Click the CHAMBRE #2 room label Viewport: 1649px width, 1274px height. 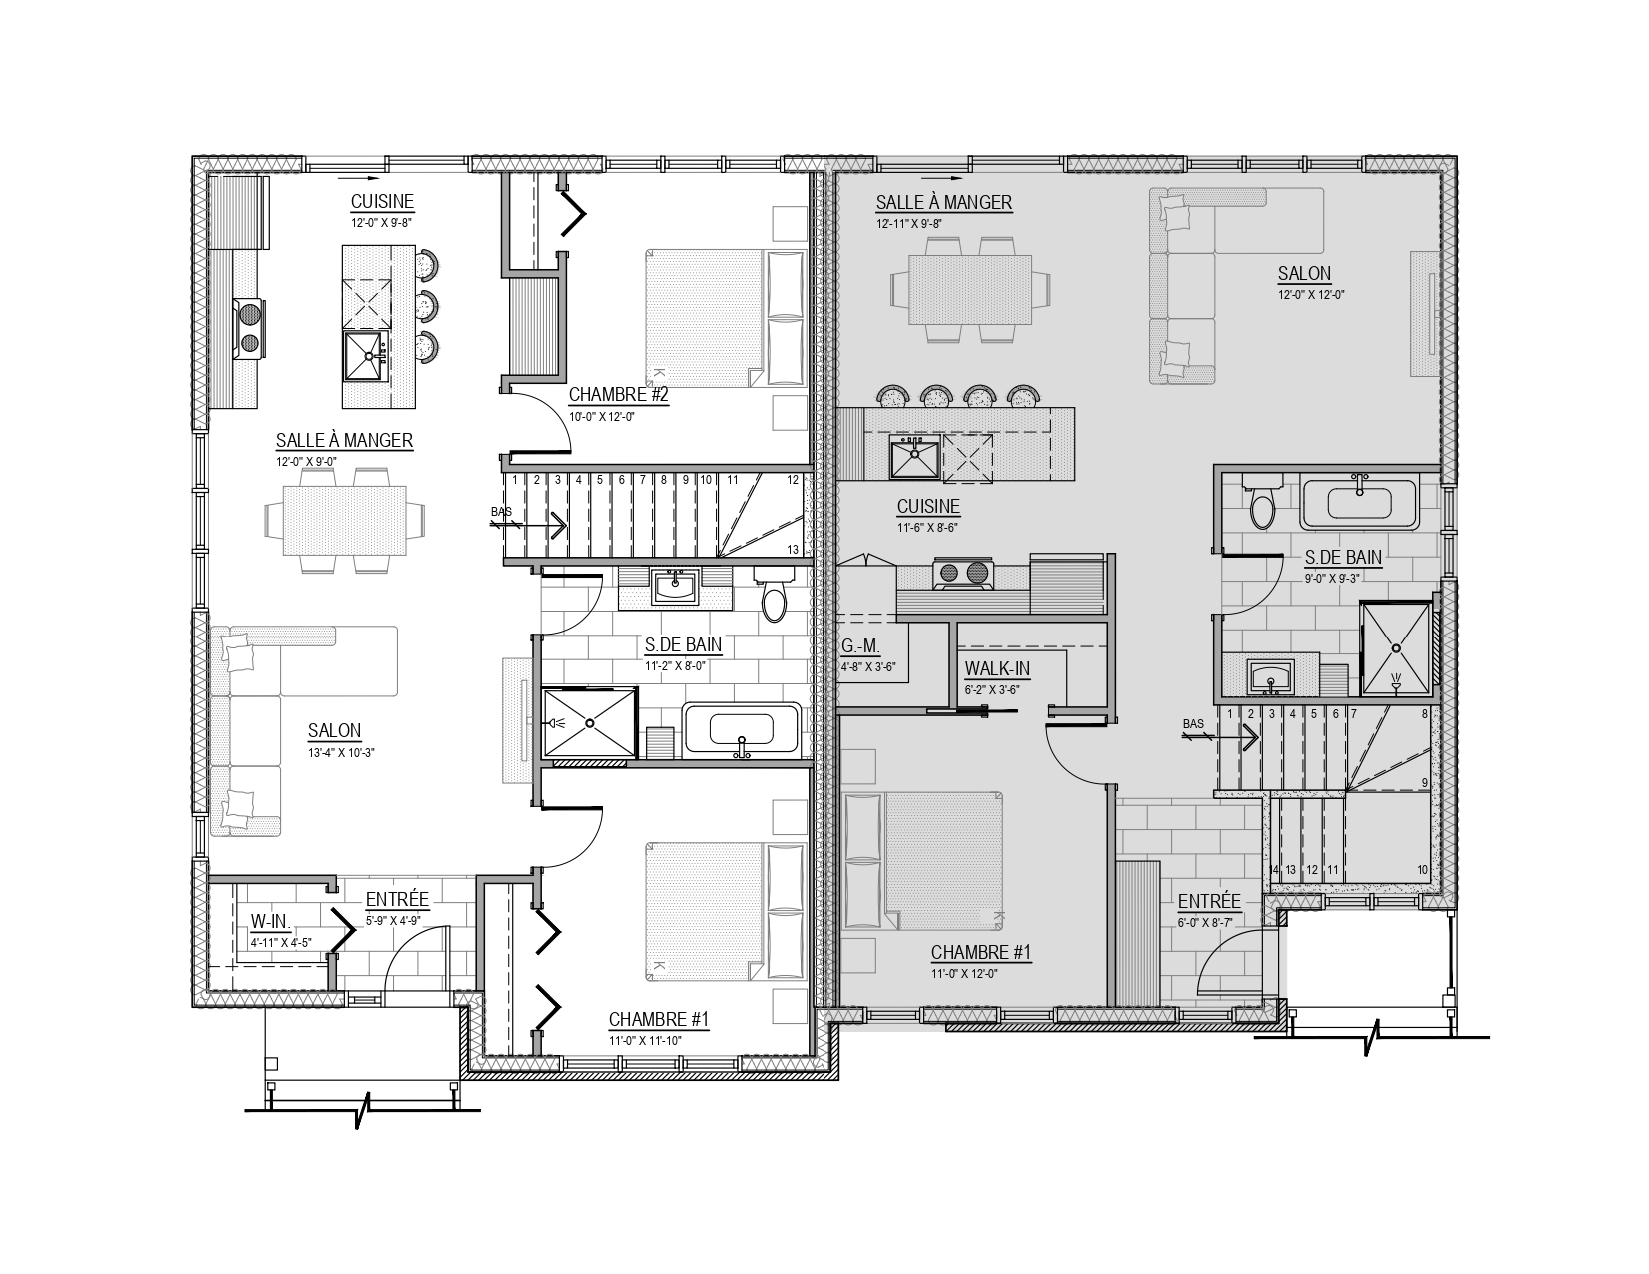tap(618, 395)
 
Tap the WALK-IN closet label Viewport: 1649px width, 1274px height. tap(997, 669)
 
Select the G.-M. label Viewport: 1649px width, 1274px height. tap(860, 646)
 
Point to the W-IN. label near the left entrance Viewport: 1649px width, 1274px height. tap(270, 922)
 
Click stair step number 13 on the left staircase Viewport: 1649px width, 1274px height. tap(793, 550)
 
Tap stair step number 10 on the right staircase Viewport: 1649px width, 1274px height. tap(1422, 870)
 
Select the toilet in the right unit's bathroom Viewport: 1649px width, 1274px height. tap(1263, 501)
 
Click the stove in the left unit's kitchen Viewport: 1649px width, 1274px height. tap(249, 329)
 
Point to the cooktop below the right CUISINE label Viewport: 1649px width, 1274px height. tap(962, 574)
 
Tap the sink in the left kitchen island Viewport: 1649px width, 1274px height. tap(368, 355)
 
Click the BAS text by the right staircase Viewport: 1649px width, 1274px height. tap(1193, 724)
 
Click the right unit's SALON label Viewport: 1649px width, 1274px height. tap(1304, 273)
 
